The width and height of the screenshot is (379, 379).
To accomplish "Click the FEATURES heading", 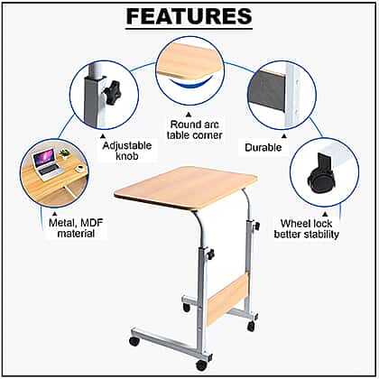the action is pos(189,16).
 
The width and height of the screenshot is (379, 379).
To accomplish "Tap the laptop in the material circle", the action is pos(47,165).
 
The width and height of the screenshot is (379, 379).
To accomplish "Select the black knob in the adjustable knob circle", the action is pos(113,92).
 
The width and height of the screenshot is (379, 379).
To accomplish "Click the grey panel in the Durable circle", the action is pos(267,89).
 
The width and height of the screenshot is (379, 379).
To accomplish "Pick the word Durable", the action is pos(263,147).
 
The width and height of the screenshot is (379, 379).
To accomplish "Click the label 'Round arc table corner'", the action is pos(195,130).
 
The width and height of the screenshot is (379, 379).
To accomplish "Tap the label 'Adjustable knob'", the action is pos(127,151).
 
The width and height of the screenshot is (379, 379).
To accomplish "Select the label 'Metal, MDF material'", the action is pos(76,228).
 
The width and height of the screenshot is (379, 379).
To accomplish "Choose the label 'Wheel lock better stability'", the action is pos(306,229).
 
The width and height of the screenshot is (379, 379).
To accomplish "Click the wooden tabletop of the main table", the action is pos(186,188).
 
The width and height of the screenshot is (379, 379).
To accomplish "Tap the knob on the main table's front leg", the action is pos(210,254).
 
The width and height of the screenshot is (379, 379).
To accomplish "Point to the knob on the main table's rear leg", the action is pos(257,226).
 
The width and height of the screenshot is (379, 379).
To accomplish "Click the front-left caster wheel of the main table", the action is pos(134,341).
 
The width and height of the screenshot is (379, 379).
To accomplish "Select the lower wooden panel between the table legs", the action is pos(227,300).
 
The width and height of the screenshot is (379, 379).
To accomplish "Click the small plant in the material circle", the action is pos(65,153).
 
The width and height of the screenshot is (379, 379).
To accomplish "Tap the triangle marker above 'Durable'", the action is pos(283,136).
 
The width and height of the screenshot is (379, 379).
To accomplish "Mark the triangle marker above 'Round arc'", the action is pos(189,115).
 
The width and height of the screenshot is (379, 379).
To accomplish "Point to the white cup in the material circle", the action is pos(80,168).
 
